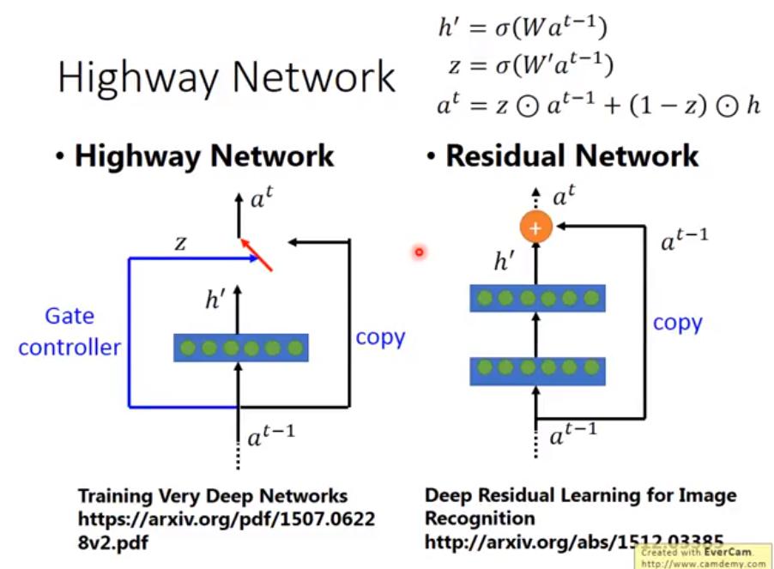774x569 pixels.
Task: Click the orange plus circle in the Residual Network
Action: (535, 227)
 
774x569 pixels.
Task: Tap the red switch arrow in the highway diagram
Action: (257, 254)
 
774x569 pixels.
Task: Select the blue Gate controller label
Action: (70, 332)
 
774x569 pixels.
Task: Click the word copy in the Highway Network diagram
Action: (380, 336)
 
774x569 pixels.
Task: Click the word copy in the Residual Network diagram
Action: (677, 323)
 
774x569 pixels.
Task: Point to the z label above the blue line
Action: (180, 243)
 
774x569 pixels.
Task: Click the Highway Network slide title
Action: (227, 78)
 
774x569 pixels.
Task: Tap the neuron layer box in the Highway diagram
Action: (240, 348)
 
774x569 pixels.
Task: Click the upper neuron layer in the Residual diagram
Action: (538, 298)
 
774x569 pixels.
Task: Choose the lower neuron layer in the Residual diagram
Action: (538, 371)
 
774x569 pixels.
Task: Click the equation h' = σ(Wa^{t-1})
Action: (523, 28)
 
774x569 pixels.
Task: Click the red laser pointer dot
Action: (419, 251)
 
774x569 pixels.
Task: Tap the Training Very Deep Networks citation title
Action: (213, 496)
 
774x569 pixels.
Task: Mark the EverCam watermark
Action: (702, 558)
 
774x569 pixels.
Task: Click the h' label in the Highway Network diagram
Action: (215, 300)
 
